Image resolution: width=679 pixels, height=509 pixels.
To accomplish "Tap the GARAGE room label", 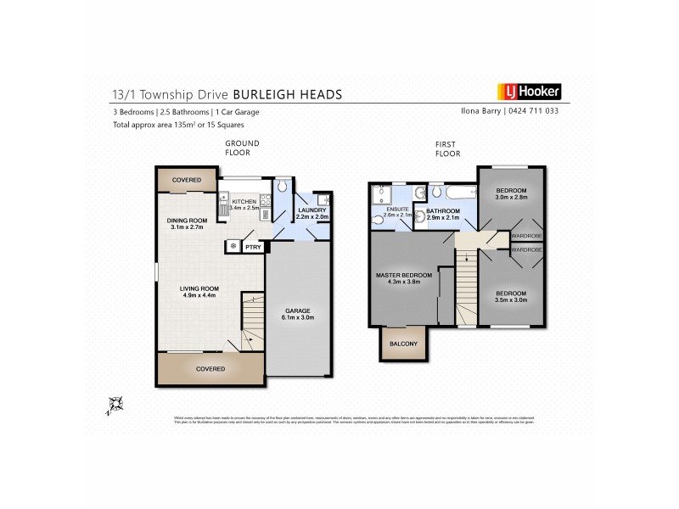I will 297,314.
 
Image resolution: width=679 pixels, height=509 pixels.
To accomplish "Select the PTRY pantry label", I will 253,247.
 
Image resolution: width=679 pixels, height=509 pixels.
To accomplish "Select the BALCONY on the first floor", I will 403,343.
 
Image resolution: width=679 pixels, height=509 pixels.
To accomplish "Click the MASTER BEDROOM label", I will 405,276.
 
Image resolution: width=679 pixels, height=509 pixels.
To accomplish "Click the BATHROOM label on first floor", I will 442,211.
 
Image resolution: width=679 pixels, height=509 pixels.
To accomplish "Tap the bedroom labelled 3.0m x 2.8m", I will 512,191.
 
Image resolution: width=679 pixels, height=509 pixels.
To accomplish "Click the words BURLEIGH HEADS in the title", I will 289,93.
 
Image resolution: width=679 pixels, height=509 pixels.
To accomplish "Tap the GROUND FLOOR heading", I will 242,148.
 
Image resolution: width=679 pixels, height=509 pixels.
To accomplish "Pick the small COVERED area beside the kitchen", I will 187,180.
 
